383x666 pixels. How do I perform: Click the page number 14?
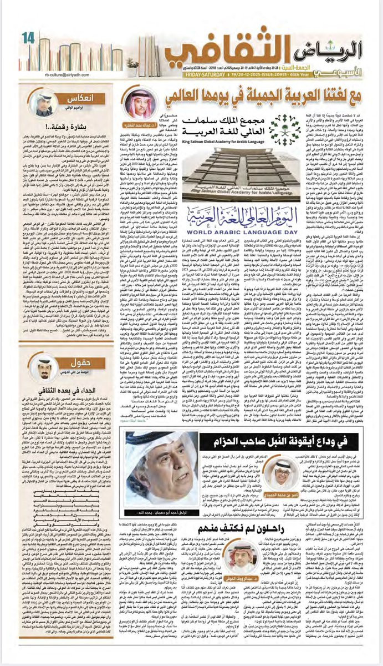pos(28,38)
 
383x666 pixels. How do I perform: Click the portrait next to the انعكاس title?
pos(43,104)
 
